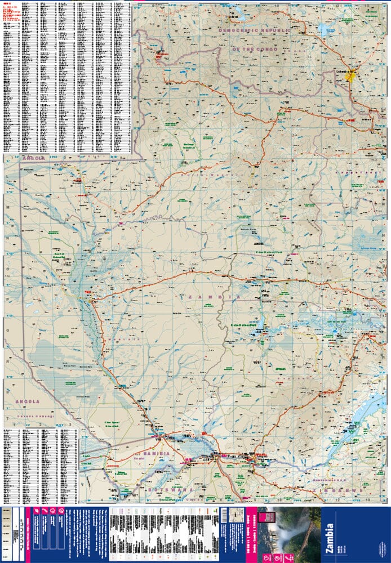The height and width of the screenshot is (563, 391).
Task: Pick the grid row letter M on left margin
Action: click(7, 207)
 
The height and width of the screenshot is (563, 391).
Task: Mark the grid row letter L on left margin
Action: click(7, 176)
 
